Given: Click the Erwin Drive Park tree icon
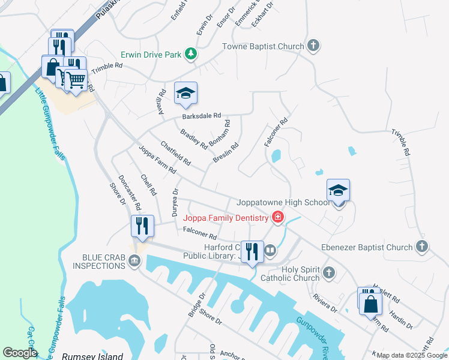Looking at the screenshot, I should (191, 55).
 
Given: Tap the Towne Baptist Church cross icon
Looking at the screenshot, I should (313, 46).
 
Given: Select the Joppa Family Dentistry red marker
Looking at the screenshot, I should (277, 217).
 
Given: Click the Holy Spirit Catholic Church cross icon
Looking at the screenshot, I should (328, 273).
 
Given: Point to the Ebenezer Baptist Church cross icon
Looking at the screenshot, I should (422, 247).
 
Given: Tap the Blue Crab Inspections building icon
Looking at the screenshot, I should (134, 261).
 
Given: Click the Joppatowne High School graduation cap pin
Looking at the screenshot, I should (338, 191).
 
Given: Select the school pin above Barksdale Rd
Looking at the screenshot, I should (186, 93).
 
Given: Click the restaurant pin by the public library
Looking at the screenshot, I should (253, 251).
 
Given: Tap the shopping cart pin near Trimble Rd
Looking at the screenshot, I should (76, 80).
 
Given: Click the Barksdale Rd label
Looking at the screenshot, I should (202, 116).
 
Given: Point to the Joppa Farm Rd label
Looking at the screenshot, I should (157, 160).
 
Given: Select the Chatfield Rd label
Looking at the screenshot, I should (175, 154).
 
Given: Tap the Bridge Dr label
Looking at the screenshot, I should (196, 305).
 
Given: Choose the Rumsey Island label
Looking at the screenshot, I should (93, 356).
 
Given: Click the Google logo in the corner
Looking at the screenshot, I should (19, 353).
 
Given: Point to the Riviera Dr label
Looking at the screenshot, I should (324, 302).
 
